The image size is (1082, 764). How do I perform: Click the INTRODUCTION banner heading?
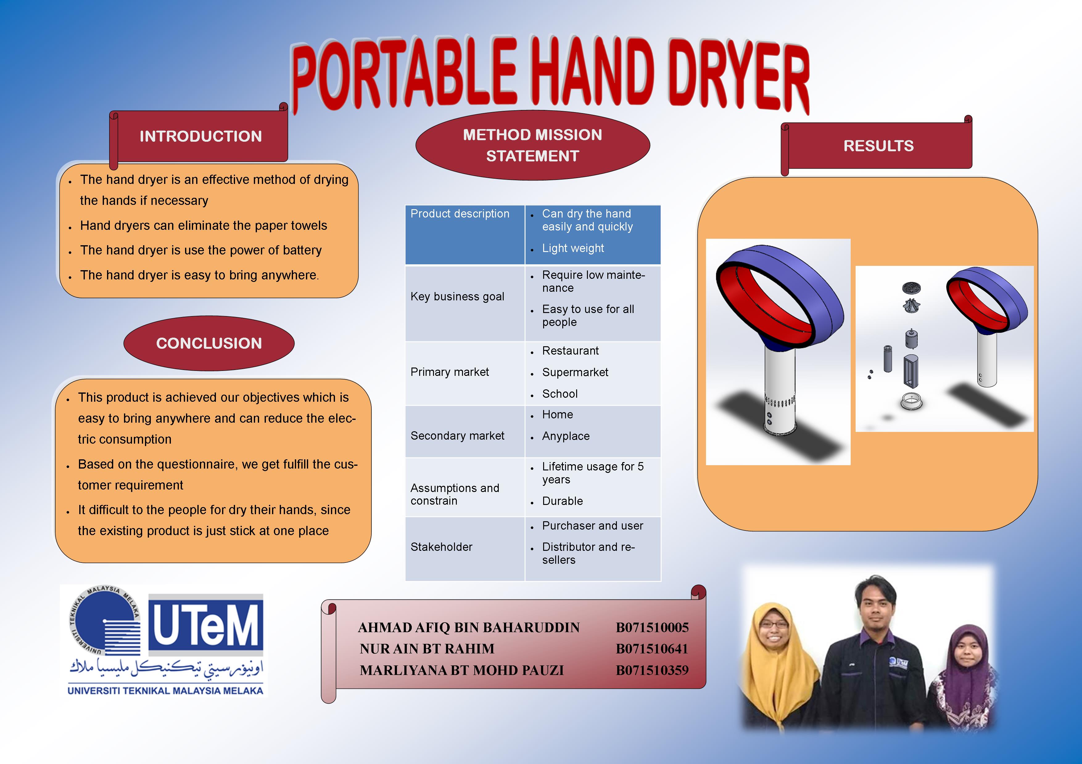201,136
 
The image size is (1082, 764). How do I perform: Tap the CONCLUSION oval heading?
209,343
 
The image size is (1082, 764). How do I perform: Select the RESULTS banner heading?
878,146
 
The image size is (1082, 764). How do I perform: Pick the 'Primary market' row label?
450,372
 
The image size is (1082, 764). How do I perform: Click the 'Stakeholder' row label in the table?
441,547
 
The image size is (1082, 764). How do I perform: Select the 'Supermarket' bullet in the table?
575,372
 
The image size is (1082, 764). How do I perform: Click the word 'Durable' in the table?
562,501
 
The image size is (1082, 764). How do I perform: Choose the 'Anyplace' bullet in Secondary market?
565,436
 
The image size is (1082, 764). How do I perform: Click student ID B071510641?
652,649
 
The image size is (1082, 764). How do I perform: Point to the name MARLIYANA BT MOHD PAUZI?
461,670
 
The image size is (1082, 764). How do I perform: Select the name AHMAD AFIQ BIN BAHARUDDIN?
469,628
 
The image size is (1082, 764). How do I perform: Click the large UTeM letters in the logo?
206,625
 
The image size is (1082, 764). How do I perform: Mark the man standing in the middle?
876,652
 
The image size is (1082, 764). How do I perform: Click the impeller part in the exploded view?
912,305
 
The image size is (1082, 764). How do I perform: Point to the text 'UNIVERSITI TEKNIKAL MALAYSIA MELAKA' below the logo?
165,691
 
